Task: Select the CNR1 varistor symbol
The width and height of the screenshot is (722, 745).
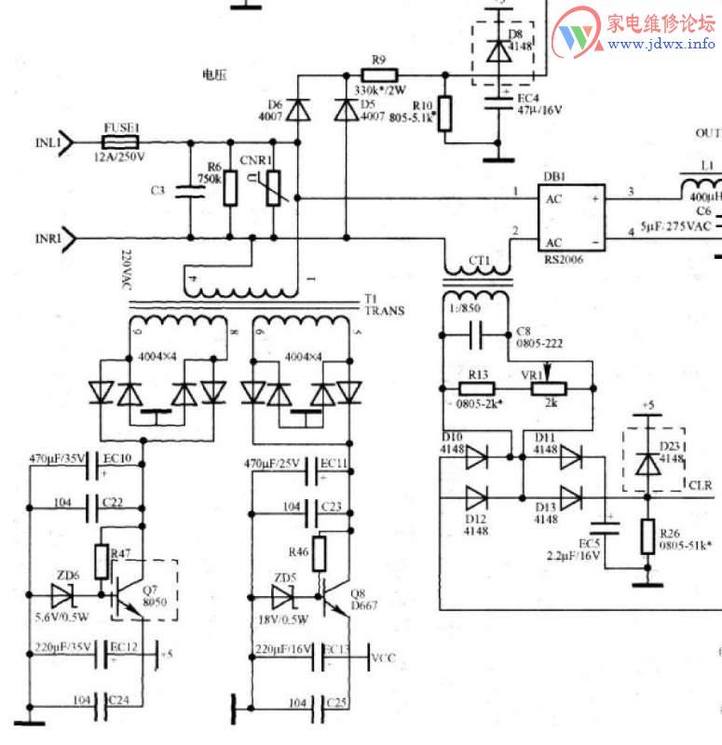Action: (273, 185)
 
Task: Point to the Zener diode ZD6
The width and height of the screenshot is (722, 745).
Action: (63, 592)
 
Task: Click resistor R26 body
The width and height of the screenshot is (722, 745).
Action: (647, 538)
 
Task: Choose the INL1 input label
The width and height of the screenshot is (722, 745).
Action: (48, 143)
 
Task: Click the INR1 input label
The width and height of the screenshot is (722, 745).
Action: (48, 237)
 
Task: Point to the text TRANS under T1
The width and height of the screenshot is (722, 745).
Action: (384, 311)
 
